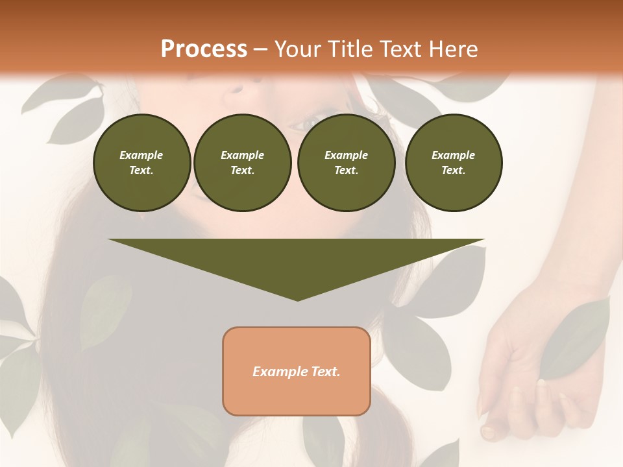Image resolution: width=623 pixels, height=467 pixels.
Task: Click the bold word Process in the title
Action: [204, 49]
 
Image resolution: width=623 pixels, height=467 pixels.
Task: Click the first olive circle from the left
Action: [141, 163]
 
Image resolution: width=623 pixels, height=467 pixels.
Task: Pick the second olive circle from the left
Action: [242, 163]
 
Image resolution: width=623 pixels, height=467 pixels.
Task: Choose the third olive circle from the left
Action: [346, 163]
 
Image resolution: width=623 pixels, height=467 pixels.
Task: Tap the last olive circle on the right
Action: [453, 163]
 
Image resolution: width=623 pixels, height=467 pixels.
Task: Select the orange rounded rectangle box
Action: [297, 371]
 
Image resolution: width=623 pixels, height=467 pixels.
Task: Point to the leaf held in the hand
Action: [574, 341]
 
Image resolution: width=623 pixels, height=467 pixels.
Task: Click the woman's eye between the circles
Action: [311, 121]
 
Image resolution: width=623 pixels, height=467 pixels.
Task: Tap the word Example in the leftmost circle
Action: [141, 155]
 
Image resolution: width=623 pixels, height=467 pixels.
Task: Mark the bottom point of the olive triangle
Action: [297, 300]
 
